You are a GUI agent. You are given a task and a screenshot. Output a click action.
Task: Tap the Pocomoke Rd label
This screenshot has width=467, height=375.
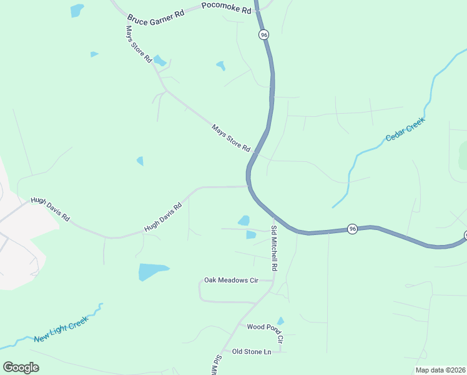pyautogui.click(x=227, y=8)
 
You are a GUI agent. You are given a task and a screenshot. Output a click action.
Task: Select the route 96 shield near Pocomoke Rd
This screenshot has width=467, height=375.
pyautogui.click(x=263, y=35)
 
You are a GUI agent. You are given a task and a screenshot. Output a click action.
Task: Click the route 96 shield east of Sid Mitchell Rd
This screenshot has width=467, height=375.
pyautogui.click(x=352, y=229)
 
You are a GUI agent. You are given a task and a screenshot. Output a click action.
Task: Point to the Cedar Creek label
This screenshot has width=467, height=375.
pyautogui.click(x=405, y=129)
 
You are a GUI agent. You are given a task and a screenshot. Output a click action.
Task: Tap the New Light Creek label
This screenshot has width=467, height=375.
pyautogui.click(x=61, y=329)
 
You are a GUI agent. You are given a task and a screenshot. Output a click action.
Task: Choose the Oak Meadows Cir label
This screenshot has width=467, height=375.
pyautogui.click(x=231, y=281)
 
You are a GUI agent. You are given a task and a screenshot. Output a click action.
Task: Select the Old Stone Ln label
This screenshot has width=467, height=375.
pyautogui.click(x=252, y=352)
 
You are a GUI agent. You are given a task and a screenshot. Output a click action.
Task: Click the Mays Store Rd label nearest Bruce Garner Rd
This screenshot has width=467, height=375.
pyautogui.click(x=139, y=44)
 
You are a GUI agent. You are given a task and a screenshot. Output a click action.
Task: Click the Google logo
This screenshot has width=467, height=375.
pyautogui.click(x=21, y=367)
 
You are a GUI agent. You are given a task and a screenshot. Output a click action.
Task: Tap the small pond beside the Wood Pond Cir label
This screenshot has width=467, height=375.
pyautogui.click(x=280, y=321)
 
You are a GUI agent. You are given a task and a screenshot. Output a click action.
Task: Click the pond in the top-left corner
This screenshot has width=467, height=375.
pyautogui.click(x=77, y=10)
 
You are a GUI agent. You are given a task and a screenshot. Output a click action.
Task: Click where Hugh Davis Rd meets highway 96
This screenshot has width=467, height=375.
pyautogui.click(x=249, y=186)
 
